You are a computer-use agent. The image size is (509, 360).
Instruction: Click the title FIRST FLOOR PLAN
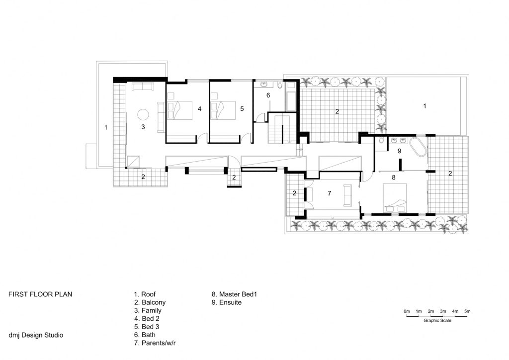coord(40,294)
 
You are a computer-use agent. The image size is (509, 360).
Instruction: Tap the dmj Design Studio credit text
coord(36,335)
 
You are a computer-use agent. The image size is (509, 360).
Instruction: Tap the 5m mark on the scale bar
coord(467,311)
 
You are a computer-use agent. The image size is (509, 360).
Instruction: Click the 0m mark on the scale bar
coord(407,311)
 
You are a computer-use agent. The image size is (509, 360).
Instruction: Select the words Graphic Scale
coord(437,321)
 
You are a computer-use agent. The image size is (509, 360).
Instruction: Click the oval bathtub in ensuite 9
coord(418,148)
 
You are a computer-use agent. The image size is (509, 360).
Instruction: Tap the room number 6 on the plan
coord(268,95)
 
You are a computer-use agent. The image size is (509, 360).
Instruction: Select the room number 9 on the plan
coord(399,150)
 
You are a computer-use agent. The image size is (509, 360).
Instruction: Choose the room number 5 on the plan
coord(242,108)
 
